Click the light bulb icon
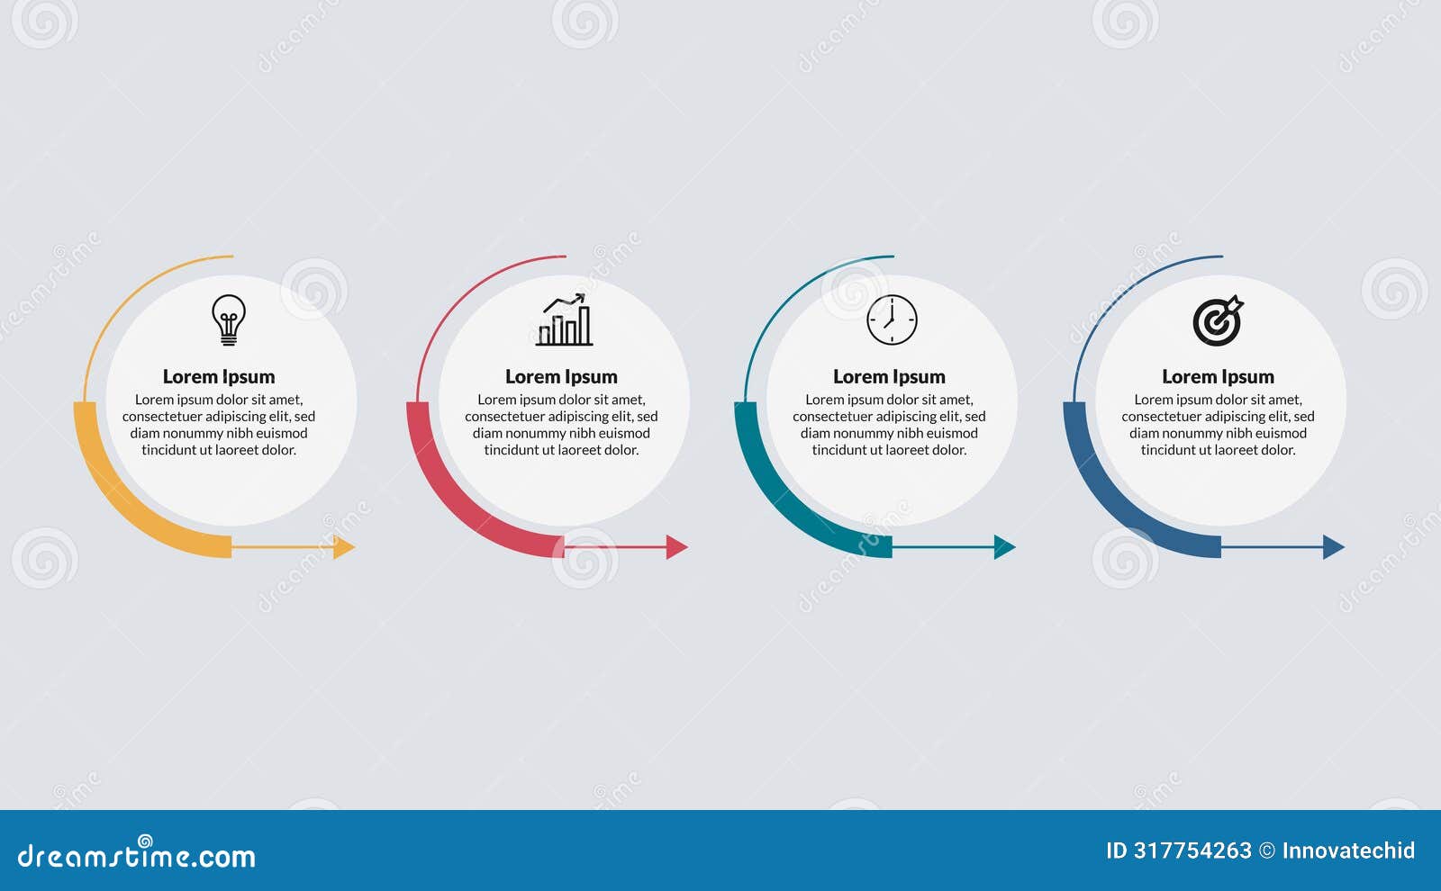(229, 319)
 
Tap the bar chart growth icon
(565, 320)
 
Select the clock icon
(892, 319)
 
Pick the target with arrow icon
(1218, 320)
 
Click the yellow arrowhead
(343, 546)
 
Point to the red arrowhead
(676, 546)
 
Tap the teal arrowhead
(1004, 546)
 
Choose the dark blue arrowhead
(1333, 546)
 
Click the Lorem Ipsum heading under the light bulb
(219, 376)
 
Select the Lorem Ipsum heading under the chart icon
(561, 376)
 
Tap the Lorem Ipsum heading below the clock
(889, 376)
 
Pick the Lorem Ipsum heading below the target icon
(1218, 376)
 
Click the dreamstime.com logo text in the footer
(137, 855)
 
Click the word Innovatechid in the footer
(1348, 850)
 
